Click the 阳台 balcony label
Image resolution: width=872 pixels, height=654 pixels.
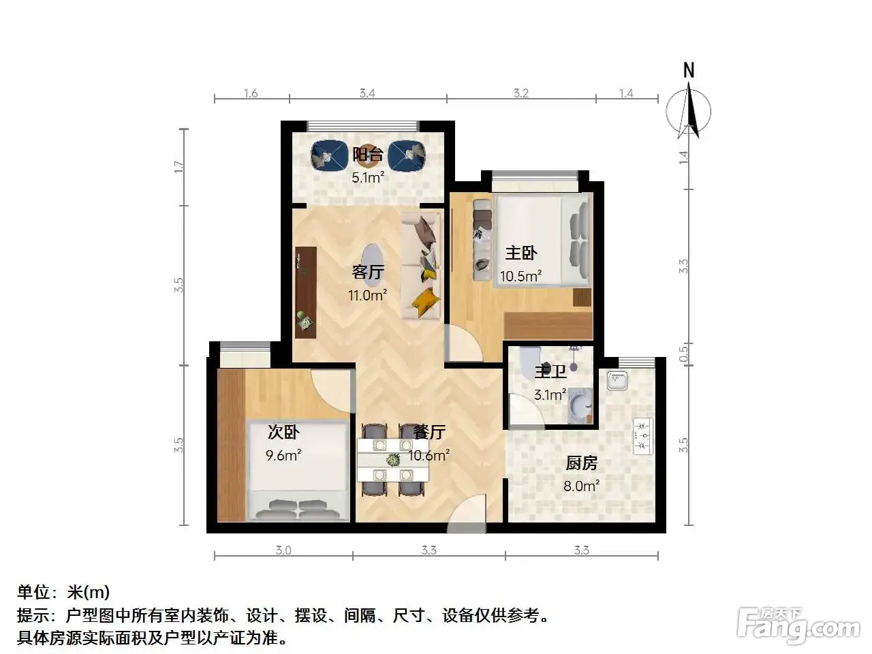(367, 155)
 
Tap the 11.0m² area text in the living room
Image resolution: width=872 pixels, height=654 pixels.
(367, 295)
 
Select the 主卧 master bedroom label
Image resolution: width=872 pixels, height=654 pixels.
(521, 253)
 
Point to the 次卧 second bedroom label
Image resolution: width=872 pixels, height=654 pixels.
(283, 432)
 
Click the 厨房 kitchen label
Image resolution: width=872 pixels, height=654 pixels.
(581, 463)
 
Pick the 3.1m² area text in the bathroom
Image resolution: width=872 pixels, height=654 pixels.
(550, 394)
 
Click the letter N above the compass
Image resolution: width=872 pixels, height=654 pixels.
(689, 70)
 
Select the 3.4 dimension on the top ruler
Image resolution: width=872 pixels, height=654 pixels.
(367, 93)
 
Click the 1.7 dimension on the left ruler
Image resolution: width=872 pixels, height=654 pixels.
(179, 167)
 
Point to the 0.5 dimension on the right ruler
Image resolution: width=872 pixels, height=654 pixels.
(683, 354)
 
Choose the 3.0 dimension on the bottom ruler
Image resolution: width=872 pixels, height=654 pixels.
(283, 550)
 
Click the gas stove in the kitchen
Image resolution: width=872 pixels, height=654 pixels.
(643, 436)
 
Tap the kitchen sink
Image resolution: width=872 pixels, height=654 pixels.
(617, 380)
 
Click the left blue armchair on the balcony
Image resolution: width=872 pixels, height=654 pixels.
(327, 155)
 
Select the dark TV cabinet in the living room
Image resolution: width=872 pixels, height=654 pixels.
(306, 293)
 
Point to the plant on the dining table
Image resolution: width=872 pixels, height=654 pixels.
(393, 460)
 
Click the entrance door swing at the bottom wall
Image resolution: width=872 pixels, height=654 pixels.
(467, 513)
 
